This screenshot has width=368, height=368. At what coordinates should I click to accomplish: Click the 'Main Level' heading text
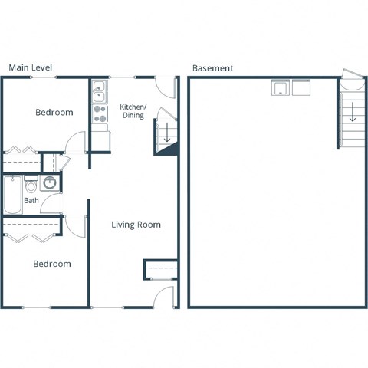[x=31, y=67]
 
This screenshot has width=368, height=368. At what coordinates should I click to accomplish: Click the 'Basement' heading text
[x=212, y=67]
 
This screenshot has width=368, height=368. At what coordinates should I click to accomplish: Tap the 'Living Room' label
[x=136, y=225]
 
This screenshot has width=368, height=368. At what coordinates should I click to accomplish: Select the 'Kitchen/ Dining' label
[x=133, y=111]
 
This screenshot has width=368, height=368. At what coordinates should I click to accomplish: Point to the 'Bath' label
[x=31, y=201]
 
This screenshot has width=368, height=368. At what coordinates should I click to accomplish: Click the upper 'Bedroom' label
[x=54, y=113]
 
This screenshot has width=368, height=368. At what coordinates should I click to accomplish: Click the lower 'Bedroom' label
[x=51, y=264]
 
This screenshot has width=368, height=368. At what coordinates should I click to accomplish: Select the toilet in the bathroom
[x=31, y=186]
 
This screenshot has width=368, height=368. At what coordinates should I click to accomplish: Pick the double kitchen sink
[x=99, y=93]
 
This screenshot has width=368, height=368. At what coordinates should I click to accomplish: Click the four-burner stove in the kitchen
[x=100, y=114]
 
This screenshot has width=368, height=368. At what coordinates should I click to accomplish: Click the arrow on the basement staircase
[x=352, y=113]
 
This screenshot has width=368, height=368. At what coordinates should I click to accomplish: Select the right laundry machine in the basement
[x=300, y=87]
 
